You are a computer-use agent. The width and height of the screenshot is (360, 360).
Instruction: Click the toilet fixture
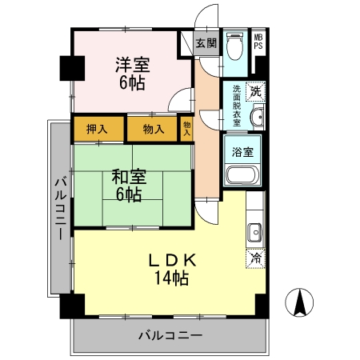point(234,46)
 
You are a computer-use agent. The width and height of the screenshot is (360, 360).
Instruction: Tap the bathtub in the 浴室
point(242,174)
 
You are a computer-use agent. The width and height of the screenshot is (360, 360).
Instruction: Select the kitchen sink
point(254,232)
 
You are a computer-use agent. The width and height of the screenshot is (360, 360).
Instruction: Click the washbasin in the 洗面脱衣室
point(257,117)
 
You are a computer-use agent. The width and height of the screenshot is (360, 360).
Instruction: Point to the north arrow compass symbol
point(299,302)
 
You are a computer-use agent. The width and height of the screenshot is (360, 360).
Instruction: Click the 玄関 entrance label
point(206,43)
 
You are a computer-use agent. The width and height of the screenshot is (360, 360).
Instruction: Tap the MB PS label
point(258,42)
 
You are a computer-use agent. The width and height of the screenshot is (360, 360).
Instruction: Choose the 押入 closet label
point(97,130)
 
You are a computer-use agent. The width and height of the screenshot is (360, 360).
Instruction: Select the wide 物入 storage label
point(154,130)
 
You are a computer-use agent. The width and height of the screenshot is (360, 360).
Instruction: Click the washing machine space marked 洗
point(256,92)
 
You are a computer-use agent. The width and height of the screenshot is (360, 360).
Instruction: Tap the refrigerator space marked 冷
point(256,258)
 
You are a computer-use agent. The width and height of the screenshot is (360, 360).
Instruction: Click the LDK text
point(172,260)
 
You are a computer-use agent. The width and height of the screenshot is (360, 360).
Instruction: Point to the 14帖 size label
point(172,278)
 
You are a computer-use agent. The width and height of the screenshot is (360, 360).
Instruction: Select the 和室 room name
point(129,177)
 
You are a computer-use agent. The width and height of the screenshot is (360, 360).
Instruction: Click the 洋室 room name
point(133,65)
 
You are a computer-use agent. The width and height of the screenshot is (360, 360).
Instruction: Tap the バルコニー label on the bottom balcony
point(170,335)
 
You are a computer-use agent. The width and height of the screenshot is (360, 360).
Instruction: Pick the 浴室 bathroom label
point(242,152)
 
